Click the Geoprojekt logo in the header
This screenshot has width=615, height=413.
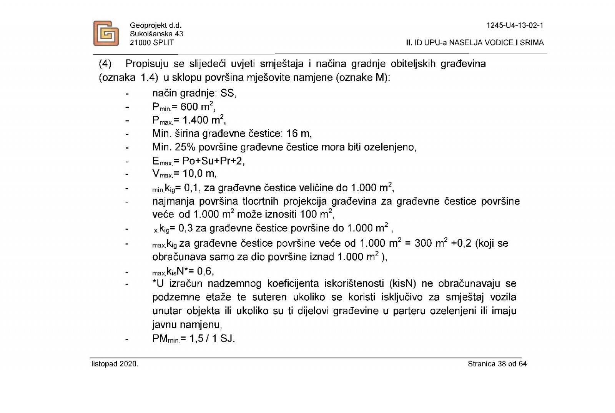click(x=106, y=33)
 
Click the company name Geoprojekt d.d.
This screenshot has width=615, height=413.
click(x=155, y=25)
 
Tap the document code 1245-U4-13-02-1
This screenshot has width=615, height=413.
click(x=515, y=25)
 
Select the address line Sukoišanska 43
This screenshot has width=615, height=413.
click(x=156, y=34)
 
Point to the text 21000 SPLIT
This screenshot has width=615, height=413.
click(x=152, y=42)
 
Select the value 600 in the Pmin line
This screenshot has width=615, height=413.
click(x=189, y=107)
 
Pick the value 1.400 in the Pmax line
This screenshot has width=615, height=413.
click(x=195, y=120)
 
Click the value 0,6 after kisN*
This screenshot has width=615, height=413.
click(x=205, y=271)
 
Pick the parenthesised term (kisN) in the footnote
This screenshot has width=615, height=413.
click(x=402, y=284)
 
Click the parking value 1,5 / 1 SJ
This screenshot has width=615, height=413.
click(x=212, y=339)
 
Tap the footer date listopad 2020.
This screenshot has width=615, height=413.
click(x=115, y=364)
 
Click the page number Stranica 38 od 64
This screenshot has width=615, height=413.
click(x=497, y=364)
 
